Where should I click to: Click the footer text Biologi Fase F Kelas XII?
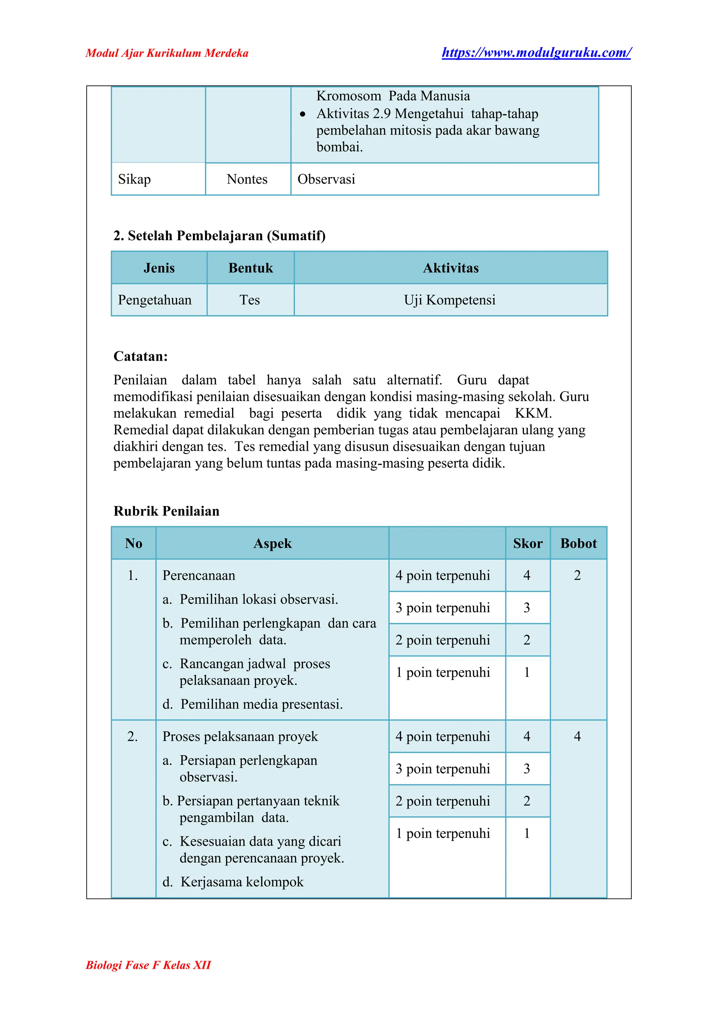(148, 965)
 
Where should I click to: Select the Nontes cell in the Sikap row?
(247, 179)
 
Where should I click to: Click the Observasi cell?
(326, 179)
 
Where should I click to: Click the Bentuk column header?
(250, 268)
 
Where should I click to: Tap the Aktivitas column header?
(451, 268)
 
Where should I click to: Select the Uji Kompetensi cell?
(450, 300)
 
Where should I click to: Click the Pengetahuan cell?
(155, 300)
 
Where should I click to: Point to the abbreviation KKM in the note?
(533, 413)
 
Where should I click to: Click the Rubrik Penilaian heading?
(166, 511)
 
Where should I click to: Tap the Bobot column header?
(578, 543)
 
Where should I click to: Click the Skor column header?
(527, 543)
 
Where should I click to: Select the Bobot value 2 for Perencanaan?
(577, 575)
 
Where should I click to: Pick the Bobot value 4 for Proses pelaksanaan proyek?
(577, 736)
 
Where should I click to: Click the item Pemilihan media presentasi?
(261, 704)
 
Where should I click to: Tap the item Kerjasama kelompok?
(242, 882)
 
